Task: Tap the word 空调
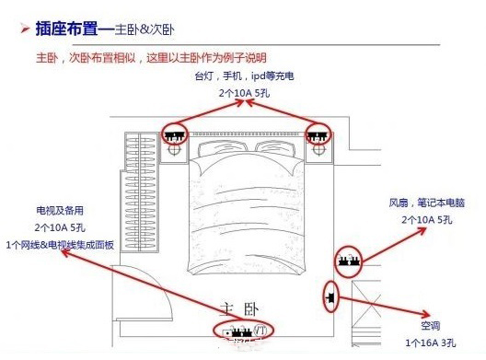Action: (433, 327)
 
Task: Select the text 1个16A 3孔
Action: (430, 343)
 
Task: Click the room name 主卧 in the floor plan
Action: (241, 308)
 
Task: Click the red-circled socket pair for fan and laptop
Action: (348, 262)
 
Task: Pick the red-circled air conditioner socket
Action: (330, 297)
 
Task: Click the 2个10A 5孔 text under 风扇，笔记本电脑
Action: (427, 220)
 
